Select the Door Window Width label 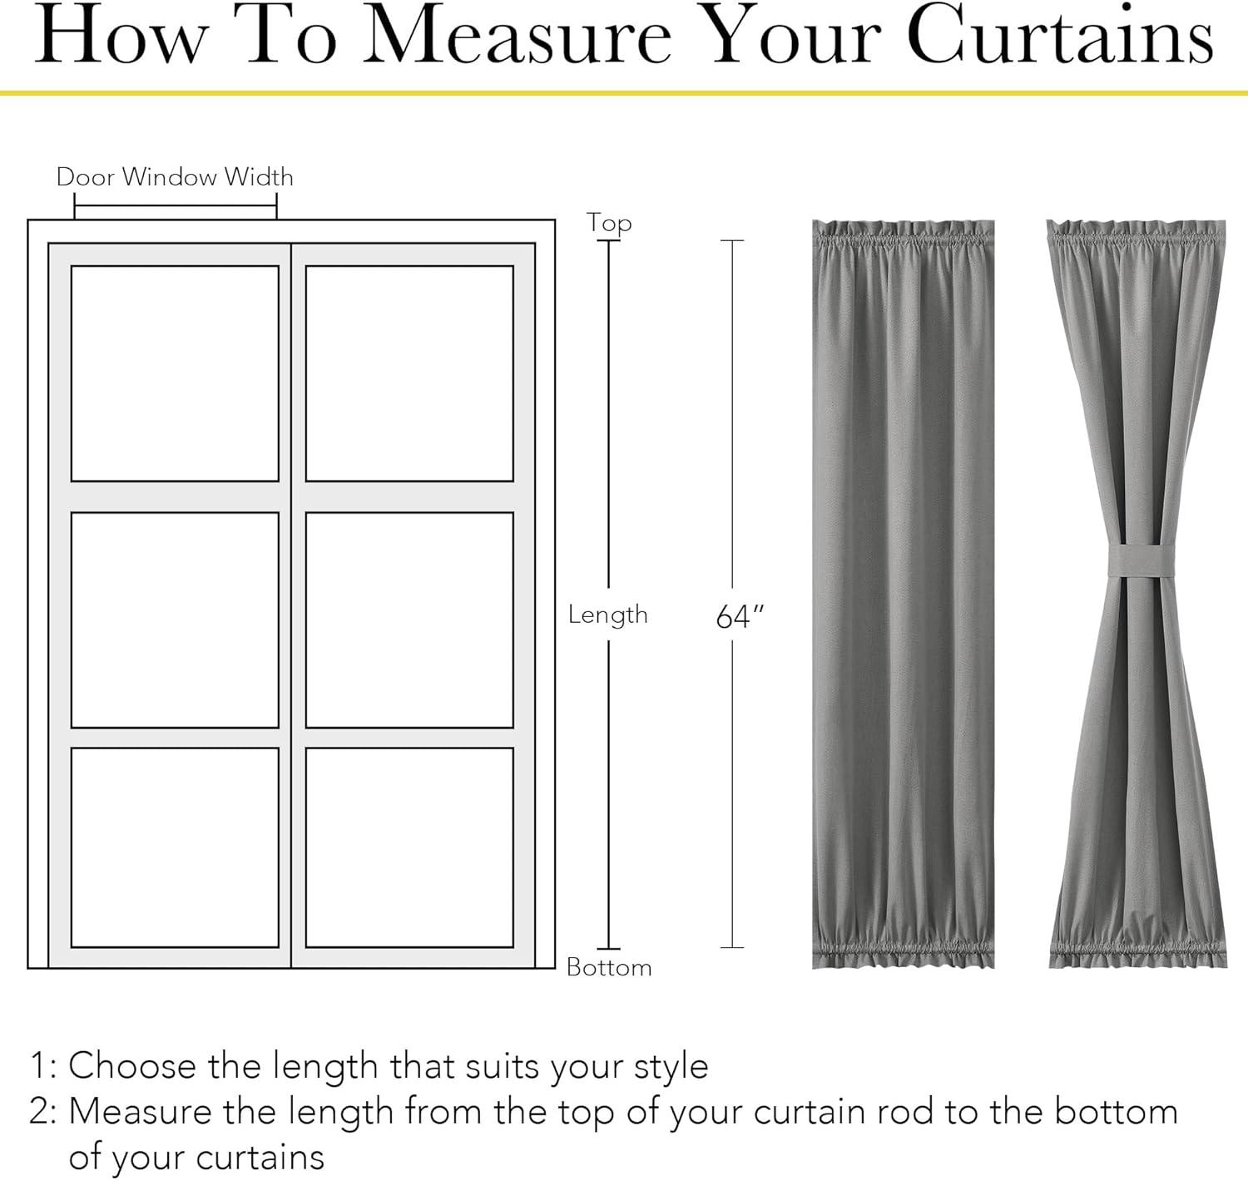point(175,176)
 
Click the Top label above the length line point(609,224)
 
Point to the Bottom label point(609,967)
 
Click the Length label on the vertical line point(608,614)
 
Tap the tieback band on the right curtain point(1141,560)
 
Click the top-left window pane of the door point(175,373)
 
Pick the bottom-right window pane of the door point(409,847)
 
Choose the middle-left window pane point(175,620)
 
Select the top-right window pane point(409,373)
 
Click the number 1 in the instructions point(38,1065)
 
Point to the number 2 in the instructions point(38,1112)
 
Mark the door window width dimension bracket point(176,206)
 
